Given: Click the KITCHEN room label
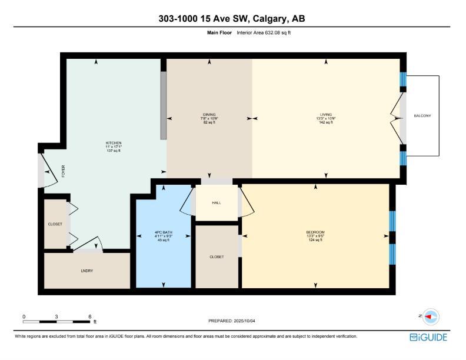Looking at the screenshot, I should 113,143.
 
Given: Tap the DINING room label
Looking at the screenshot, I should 209,115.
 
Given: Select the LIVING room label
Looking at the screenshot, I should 326,115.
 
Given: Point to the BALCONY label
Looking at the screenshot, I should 422,116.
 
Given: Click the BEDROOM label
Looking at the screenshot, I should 315,232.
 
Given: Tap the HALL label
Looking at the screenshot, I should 216,203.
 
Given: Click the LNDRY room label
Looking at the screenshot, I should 87,271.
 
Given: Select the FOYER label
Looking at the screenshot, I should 63,171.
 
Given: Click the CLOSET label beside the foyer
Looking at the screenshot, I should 55,224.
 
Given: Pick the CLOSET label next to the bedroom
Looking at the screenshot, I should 216,257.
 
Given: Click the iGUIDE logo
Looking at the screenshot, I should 428,337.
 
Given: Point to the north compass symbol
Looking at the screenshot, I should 431,316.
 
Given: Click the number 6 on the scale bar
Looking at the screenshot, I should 89,316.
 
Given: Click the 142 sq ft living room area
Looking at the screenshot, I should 326,122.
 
